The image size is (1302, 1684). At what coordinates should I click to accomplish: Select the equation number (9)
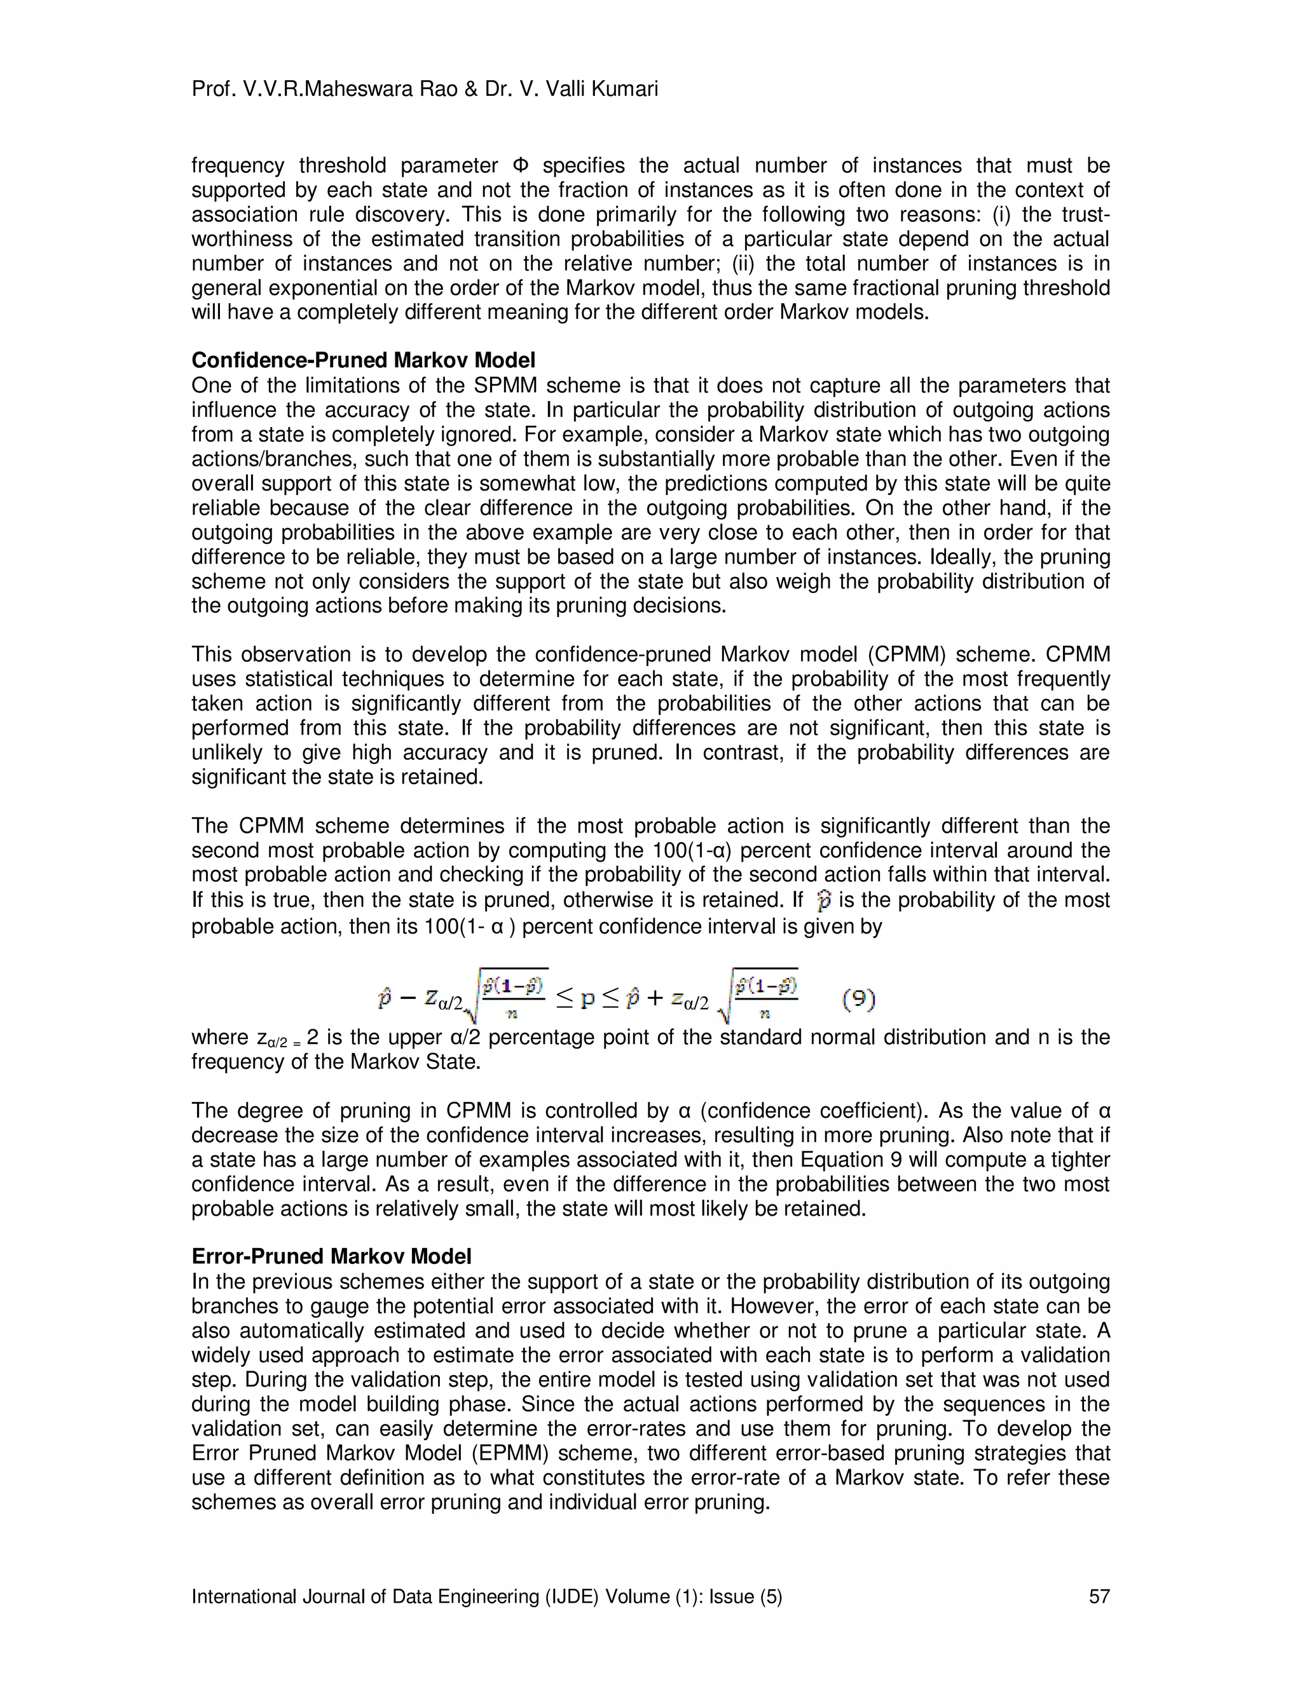coord(858,1000)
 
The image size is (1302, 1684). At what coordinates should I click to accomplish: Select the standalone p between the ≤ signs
coord(587,1000)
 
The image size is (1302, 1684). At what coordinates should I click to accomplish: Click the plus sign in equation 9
coord(654,1000)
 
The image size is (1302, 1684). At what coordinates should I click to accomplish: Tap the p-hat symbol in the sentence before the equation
coord(824,900)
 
